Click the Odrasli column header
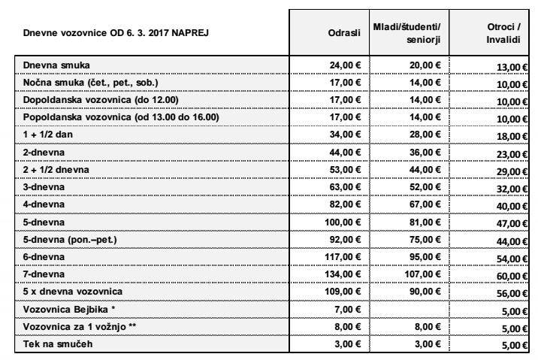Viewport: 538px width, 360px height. (341, 32)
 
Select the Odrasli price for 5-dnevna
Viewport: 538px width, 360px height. (343, 223)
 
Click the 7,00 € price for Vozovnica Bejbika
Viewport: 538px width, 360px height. (349, 308)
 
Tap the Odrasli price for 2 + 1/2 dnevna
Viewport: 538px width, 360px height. (346, 170)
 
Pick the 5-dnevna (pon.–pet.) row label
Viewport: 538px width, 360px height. (74, 240)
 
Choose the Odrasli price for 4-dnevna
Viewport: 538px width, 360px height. (346, 204)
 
